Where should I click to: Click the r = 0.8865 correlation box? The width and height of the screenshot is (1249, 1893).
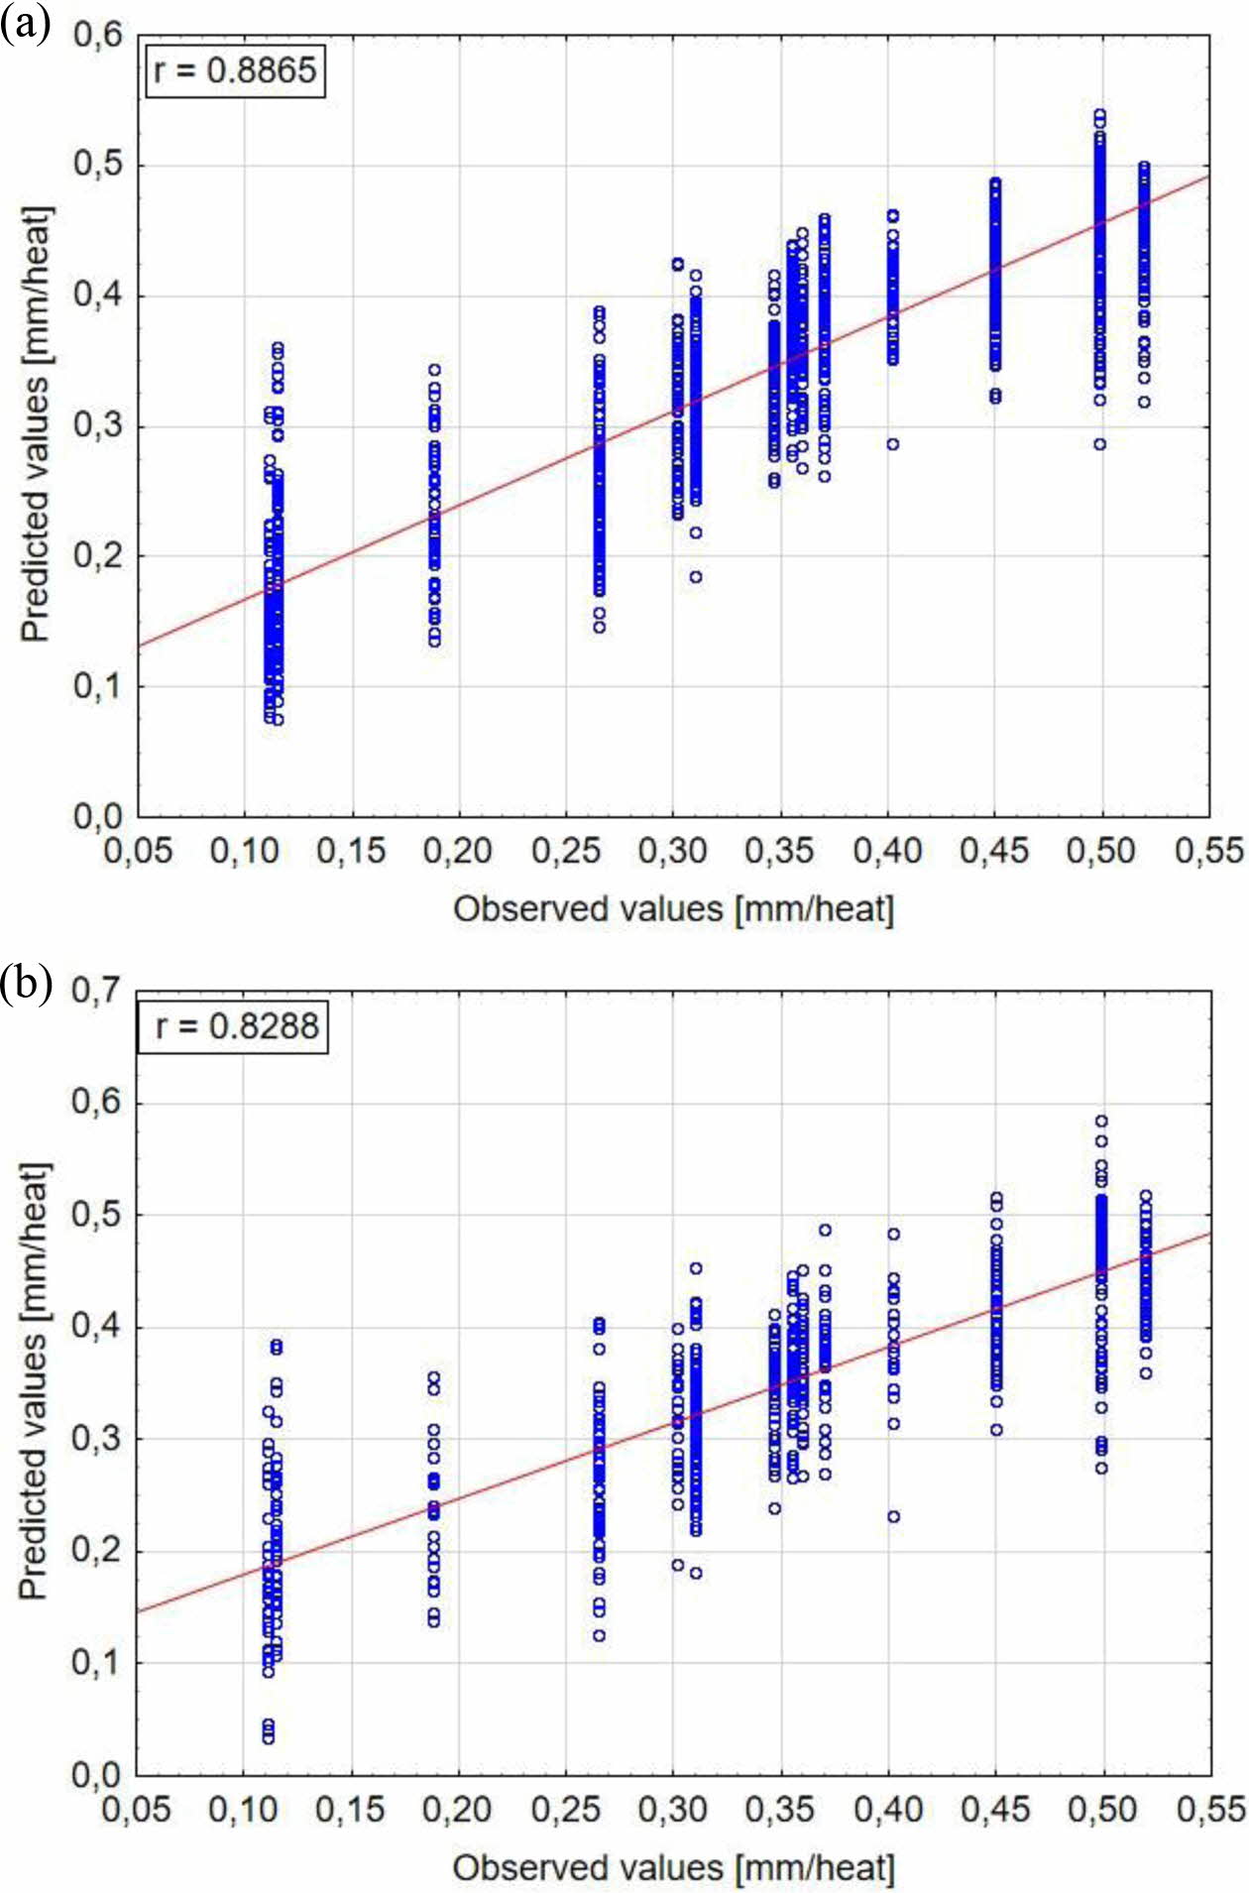[236, 70]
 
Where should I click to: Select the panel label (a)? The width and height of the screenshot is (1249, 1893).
[25, 23]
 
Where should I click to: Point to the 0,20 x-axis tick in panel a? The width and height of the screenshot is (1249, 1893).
[457, 850]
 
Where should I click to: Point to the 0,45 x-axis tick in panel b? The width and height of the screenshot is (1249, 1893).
[995, 1809]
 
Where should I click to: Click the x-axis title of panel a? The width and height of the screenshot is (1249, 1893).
[674, 908]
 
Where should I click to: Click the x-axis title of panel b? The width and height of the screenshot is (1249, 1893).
[674, 1867]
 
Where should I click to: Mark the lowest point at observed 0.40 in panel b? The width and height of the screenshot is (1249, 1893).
[893, 1516]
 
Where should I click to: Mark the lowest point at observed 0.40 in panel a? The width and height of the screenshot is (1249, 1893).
[893, 444]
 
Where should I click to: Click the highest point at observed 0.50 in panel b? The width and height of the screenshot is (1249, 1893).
[1101, 1122]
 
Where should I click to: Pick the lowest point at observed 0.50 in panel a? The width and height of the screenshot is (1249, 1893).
[1100, 444]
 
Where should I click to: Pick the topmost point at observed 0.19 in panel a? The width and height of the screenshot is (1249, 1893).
[434, 370]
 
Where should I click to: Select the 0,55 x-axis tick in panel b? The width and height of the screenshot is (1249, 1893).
[1210, 1809]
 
